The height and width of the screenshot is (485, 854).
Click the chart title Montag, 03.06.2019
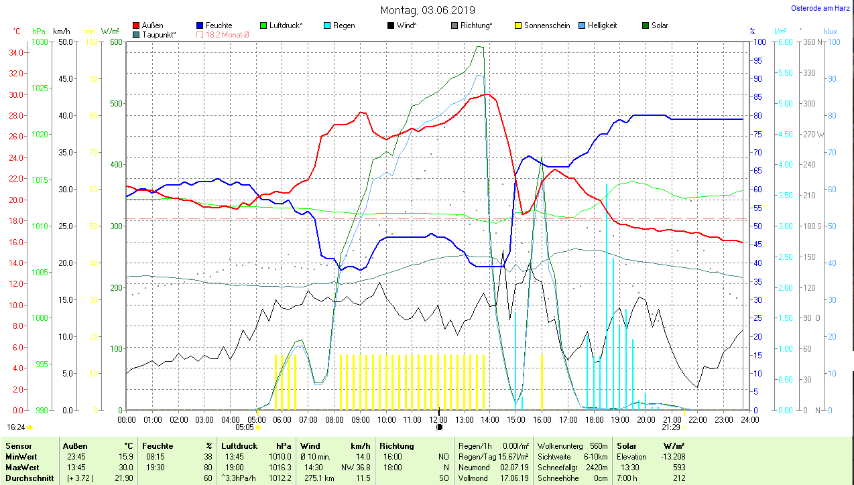428,10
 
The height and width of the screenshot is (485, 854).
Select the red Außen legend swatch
137,25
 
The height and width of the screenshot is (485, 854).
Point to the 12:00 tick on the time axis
438,420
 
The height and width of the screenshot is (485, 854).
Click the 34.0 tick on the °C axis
17,52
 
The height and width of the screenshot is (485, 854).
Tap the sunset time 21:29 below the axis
670,427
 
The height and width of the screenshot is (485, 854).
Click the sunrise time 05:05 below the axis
245,427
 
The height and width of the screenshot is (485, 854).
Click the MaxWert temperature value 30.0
125,467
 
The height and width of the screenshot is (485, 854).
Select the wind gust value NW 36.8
356,467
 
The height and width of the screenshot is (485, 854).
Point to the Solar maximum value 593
679,467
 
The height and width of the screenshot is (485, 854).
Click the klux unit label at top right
831,31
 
